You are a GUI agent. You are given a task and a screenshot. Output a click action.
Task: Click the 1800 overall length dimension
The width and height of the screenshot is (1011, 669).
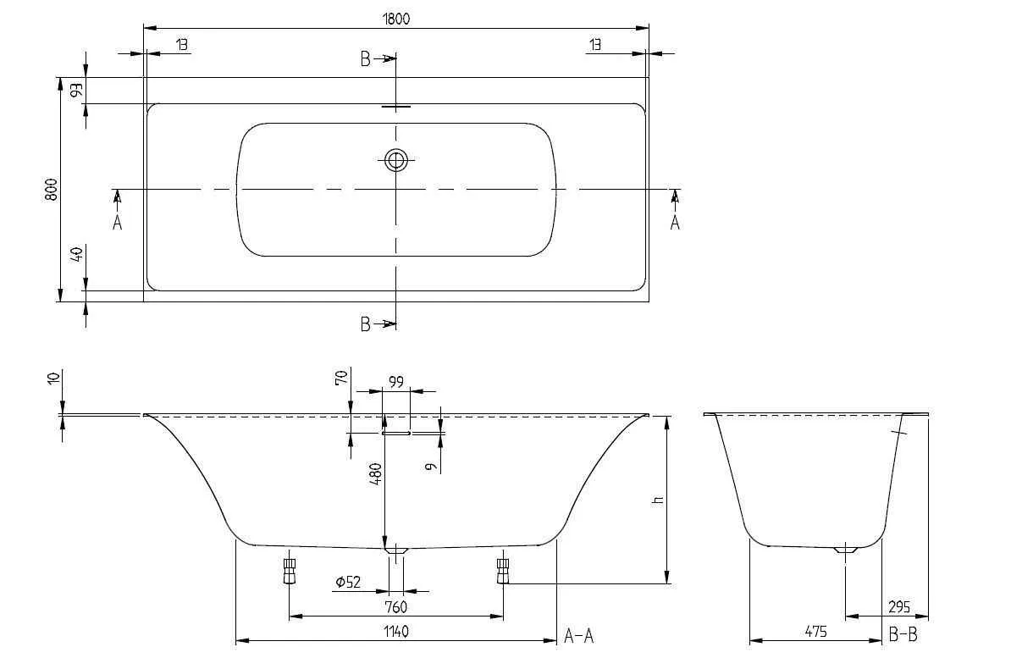[x=396, y=19]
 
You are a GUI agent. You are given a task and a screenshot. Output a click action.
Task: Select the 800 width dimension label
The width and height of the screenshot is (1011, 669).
[x=51, y=190]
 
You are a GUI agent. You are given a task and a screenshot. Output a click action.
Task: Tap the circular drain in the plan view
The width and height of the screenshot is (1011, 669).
[x=395, y=159]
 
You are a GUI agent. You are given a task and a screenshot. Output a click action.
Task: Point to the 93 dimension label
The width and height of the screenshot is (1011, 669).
[x=77, y=90]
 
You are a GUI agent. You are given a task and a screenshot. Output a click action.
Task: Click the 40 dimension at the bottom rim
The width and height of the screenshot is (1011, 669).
[x=77, y=254]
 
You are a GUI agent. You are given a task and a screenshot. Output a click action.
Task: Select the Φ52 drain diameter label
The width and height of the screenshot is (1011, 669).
[x=348, y=583]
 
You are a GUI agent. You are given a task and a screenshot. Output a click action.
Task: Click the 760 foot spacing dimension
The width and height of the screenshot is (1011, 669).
[x=395, y=606]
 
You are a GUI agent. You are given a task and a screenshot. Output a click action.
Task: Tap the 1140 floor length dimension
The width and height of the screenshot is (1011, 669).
[x=395, y=632]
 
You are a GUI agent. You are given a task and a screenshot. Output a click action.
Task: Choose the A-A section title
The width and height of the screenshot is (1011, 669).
[x=579, y=636]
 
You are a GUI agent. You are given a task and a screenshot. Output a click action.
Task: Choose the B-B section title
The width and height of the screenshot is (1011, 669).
[x=903, y=635]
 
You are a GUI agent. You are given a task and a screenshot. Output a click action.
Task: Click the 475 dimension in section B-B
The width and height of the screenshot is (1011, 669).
[x=814, y=632]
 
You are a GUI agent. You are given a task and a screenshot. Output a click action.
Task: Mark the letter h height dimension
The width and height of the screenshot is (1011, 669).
[x=658, y=500]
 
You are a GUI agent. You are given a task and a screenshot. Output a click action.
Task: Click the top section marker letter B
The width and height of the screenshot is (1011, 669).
[x=365, y=58]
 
